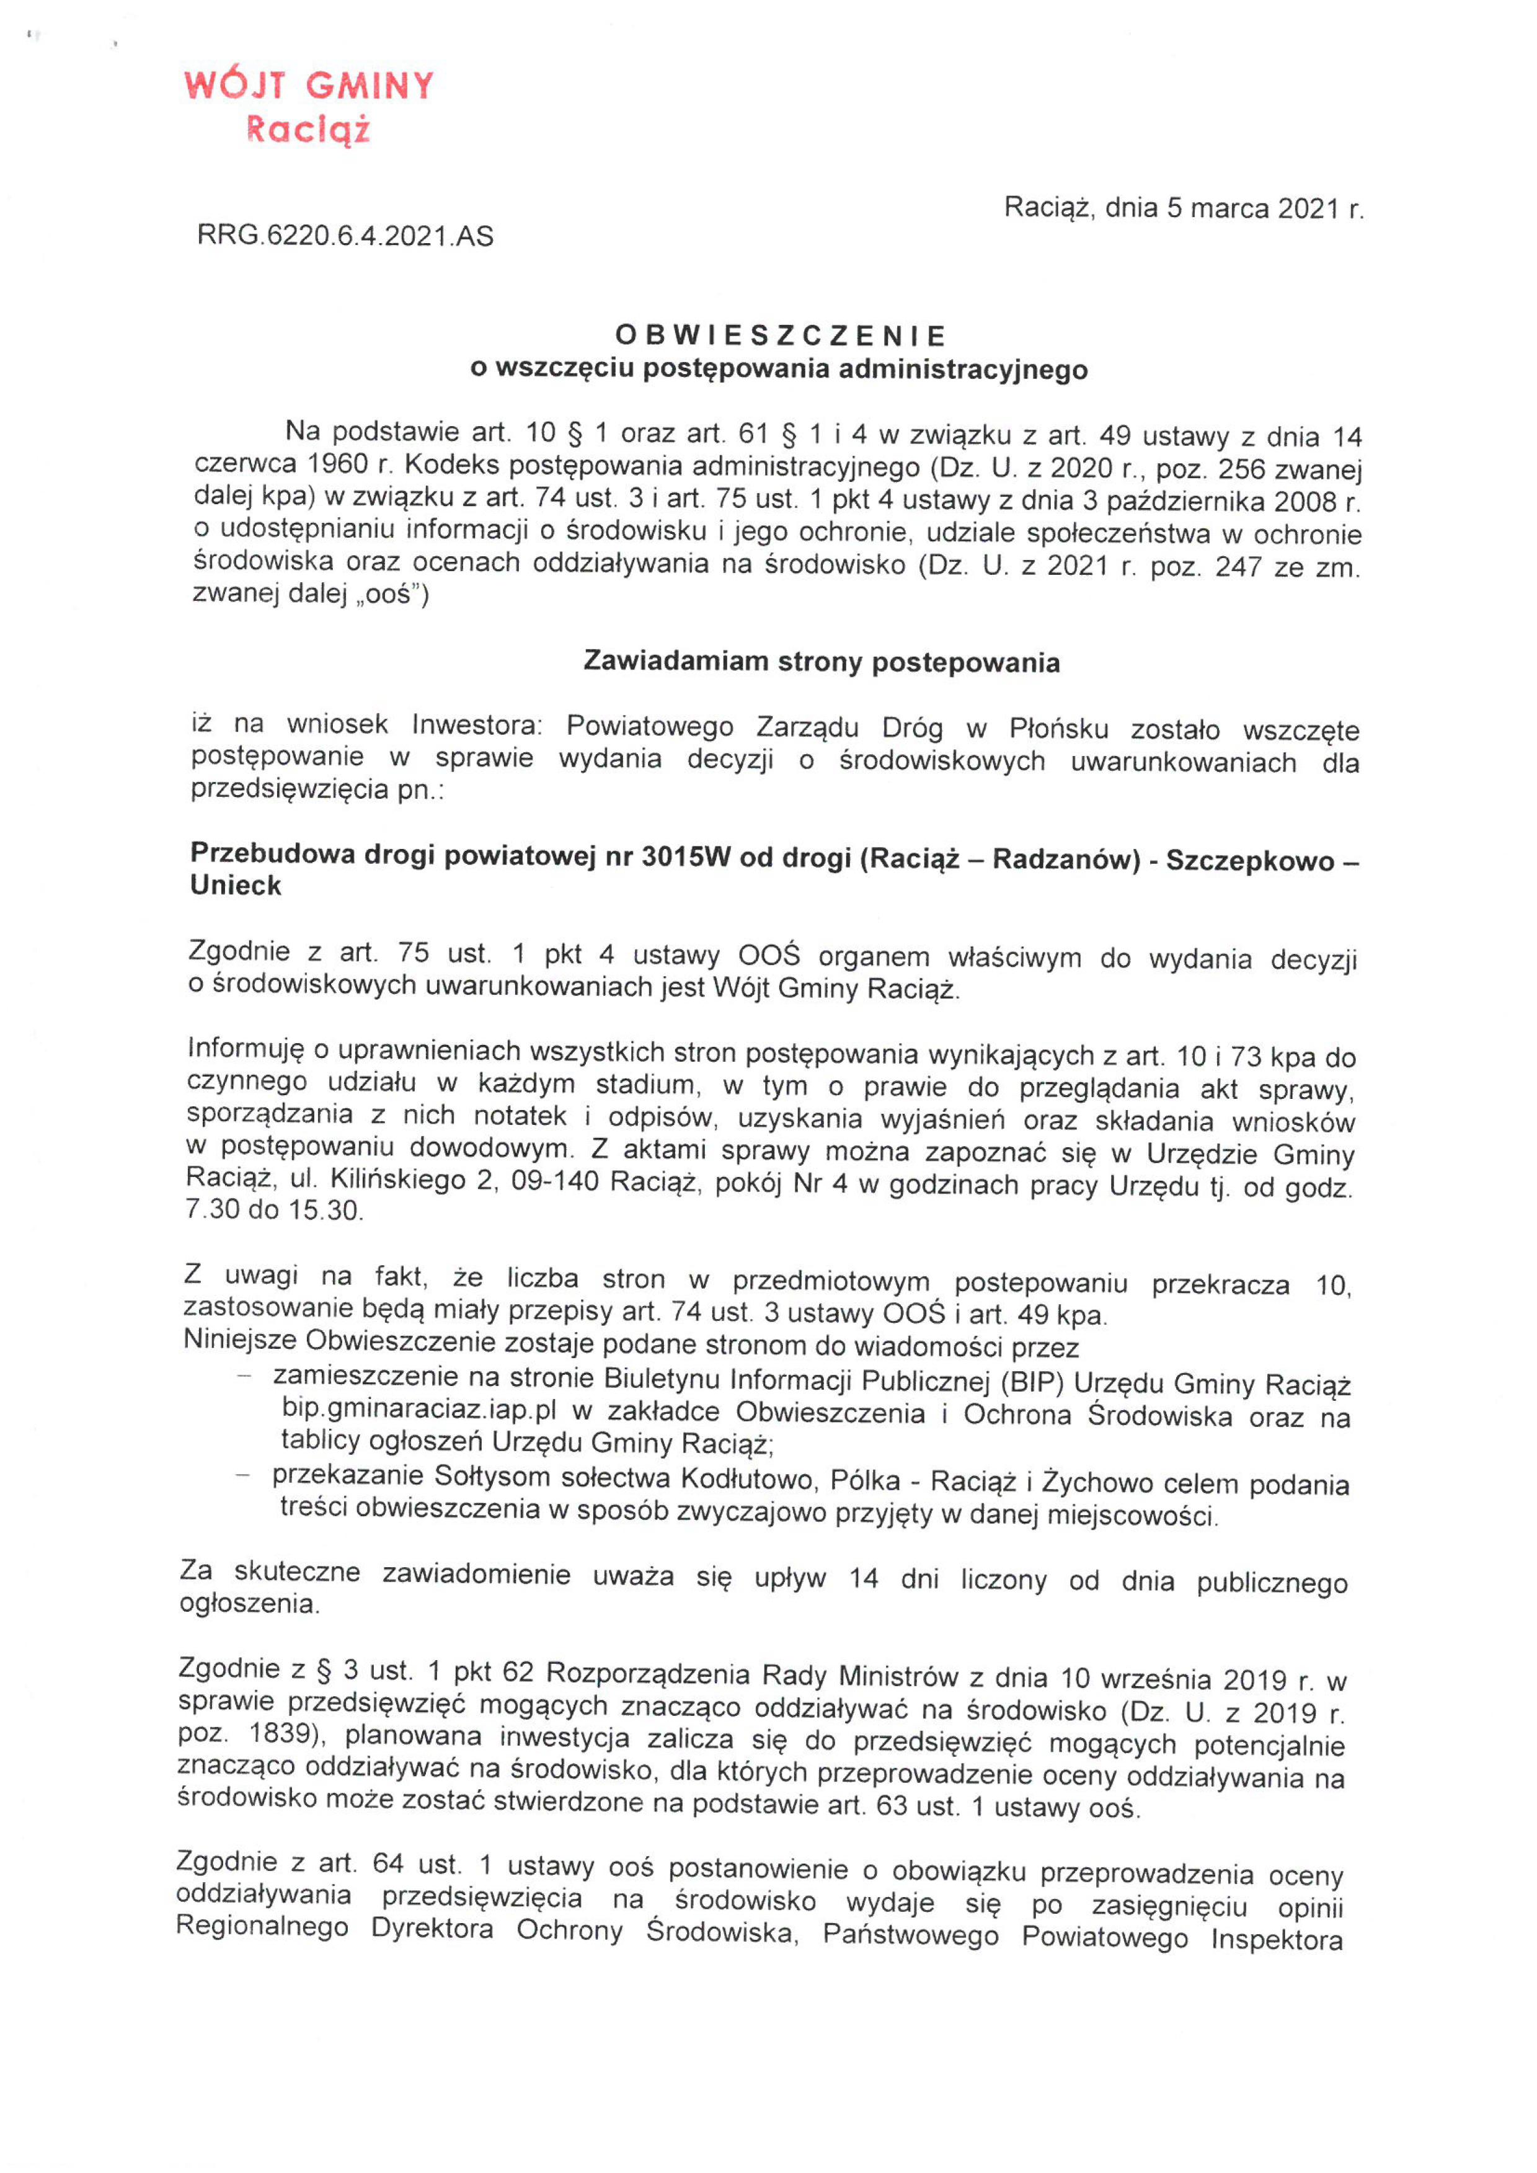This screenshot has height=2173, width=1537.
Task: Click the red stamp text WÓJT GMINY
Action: point(309,86)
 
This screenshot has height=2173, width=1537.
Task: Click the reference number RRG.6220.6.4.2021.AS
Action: point(345,236)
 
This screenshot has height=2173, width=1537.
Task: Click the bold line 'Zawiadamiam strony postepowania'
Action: point(822,662)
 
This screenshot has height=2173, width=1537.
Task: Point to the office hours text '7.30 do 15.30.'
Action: point(275,1211)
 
